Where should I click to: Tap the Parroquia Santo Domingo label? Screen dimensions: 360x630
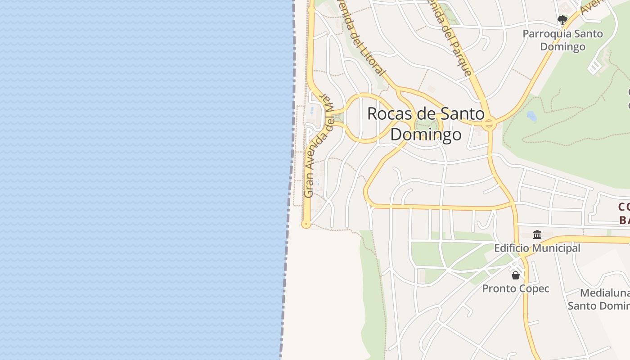562,40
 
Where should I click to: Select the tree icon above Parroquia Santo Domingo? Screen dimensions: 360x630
562,20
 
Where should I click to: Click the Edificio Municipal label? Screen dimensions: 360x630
537,248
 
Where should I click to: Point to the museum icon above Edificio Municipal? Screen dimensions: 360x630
537,234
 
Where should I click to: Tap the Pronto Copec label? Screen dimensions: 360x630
516,288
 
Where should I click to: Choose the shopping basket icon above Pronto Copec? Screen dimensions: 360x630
516,275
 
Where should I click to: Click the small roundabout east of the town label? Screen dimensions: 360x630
489,123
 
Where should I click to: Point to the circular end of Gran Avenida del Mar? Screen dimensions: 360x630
306,224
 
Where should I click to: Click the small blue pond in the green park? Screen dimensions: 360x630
531,116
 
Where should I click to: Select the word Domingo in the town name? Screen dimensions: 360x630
426,135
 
